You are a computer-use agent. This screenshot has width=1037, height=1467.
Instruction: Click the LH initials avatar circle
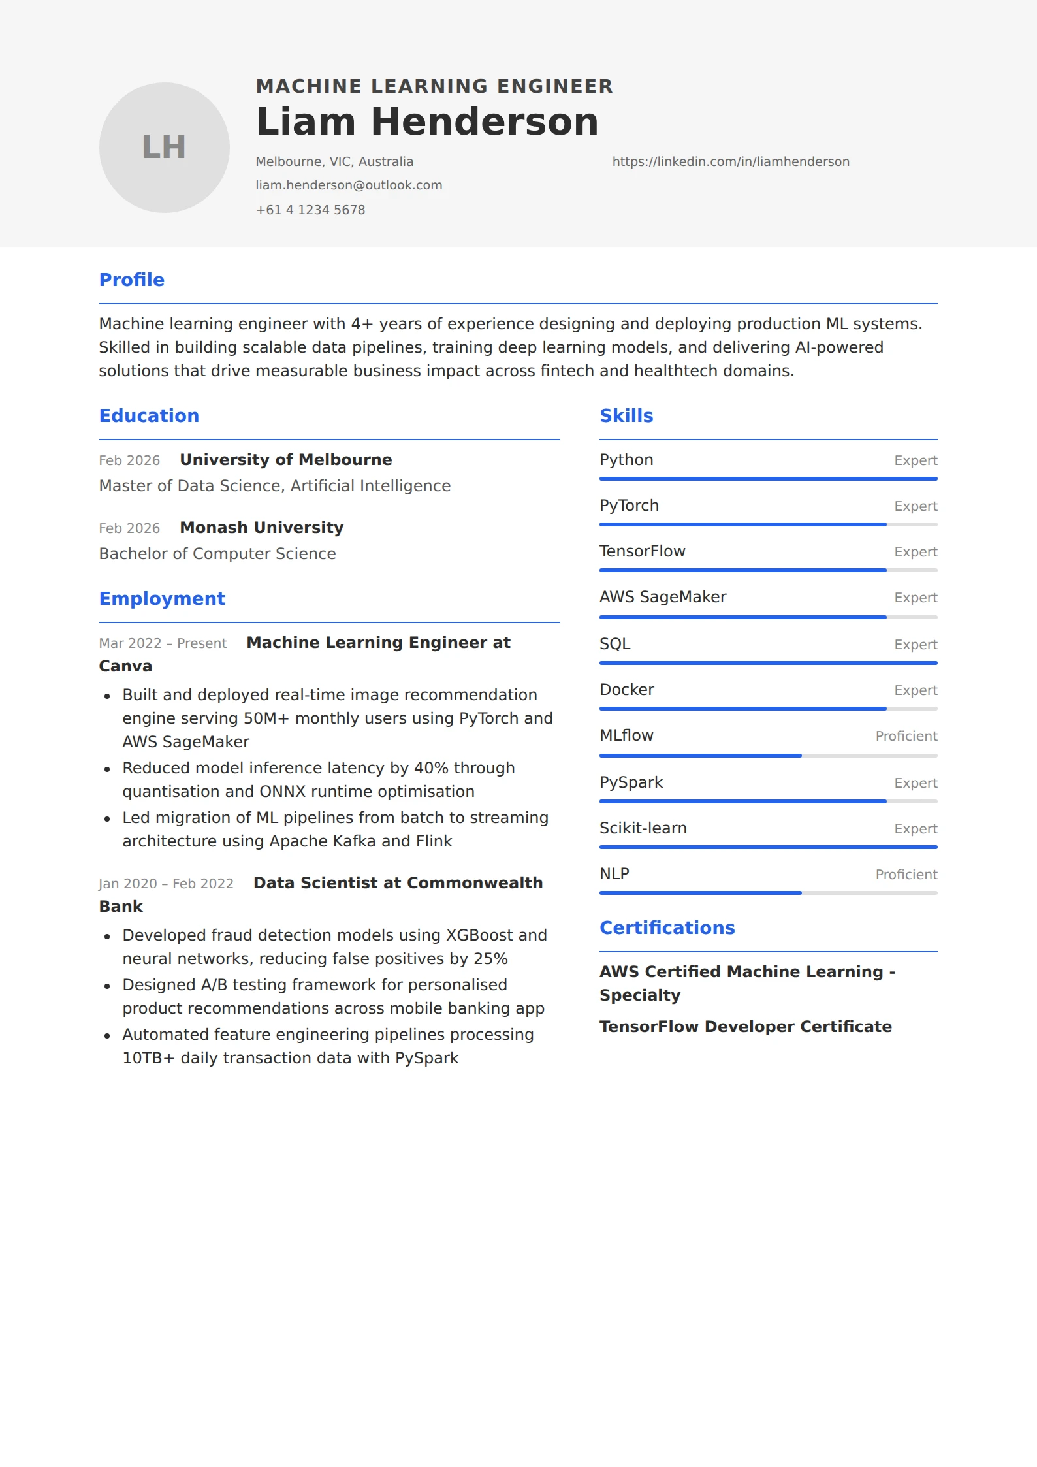pyautogui.click(x=164, y=148)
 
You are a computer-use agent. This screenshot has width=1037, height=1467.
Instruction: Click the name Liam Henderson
pyautogui.click(x=427, y=122)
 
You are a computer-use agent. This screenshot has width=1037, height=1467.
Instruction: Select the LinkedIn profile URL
pyautogui.click(x=730, y=161)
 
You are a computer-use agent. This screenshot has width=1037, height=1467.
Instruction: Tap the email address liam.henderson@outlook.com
pyautogui.click(x=349, y=185)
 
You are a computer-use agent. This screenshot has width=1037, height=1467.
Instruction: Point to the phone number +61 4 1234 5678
pyautogui.click(x=310, y=210)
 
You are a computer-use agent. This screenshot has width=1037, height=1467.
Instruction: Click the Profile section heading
pyautogui.click(x=131, y=280)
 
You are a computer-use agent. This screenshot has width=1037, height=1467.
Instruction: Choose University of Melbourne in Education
pyautogui.click(x=285, y=460)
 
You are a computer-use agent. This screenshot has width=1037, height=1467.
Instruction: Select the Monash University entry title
pyautogui.click(x=261, y=528)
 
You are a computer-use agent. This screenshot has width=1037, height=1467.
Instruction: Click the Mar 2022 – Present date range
pyautogui.click(x=163, y=643)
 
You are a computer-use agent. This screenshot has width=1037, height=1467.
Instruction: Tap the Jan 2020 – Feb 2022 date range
pyautogui.click(x=166, y=884)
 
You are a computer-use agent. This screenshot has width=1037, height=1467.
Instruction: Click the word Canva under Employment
pyautogui.click(x=125, y=666)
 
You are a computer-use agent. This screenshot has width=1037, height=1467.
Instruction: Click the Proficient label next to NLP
pyautogui.click(x=906, y=875)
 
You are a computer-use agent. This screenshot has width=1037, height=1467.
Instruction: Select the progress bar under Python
pyautogui.click(x=768, y=479)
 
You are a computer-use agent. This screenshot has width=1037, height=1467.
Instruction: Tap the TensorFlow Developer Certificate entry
pyautogui.click(x=745, y=1027)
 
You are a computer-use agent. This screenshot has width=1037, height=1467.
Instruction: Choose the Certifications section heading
pyautogui.click(x=667, y=928)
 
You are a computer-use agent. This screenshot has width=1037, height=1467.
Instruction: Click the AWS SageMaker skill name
pyautogui.click(x=662, y=597)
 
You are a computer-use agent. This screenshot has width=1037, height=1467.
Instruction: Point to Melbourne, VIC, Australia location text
pyautogui.click(x=334, y=161)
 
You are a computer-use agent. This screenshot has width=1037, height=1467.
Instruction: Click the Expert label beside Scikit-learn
pyautogui.click(x=915, y=829)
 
